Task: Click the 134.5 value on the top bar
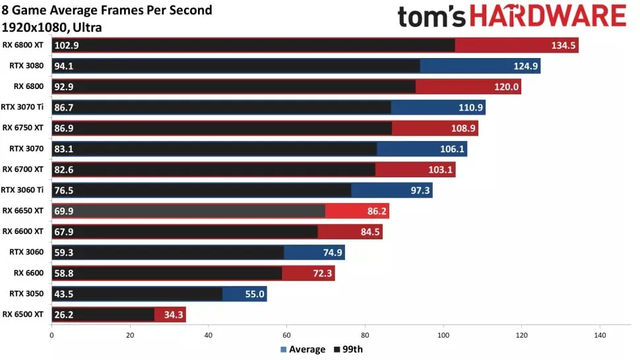[563, 45]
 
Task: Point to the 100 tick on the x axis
[443, 336]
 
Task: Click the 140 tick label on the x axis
[600, 336]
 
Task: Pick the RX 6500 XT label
[23, 315]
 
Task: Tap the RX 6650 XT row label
[23, 211]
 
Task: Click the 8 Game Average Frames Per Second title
[108, 10]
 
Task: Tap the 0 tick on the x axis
[51, 336]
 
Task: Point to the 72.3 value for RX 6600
[322, 274]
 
